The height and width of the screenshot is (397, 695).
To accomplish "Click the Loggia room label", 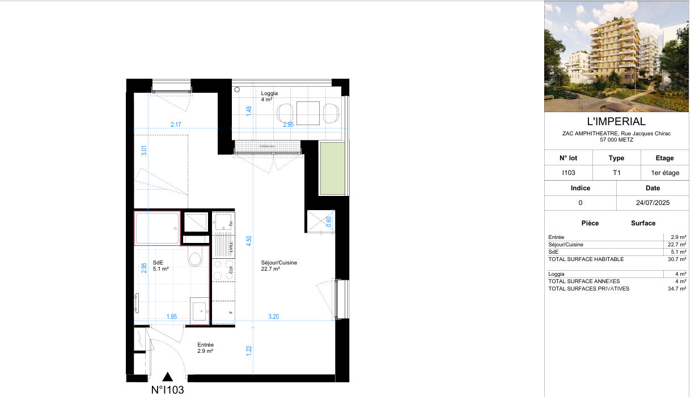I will click(269, 93).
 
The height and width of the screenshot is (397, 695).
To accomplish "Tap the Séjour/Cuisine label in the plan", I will click(279, 263).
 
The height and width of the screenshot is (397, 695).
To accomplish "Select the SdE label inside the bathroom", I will click(158, 262).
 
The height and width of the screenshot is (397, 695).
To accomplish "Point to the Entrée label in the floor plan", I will click(205, 345).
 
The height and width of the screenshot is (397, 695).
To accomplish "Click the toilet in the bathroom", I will click(194, 259).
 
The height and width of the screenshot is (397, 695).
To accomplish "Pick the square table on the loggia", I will click(308, 113).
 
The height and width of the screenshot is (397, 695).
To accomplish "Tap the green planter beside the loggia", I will click(332, 168).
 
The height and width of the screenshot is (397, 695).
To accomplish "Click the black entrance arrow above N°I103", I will click(168, 377).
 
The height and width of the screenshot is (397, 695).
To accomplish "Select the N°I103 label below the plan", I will click(167, 390).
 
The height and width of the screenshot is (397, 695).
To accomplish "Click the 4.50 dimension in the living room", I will click(248, 240).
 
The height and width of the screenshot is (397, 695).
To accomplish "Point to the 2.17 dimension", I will click(176, 125).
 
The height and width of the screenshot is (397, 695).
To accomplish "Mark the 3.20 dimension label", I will click(273, 317).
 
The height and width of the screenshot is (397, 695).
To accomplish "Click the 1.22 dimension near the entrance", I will click(249, 352).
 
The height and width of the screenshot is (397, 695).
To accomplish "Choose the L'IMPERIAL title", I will click(616, 121).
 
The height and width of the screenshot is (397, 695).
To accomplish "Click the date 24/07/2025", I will click(652, 202).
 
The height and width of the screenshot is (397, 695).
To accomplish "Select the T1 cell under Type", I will click(616, 173).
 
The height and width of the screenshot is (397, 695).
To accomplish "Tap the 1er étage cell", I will click(664, 173).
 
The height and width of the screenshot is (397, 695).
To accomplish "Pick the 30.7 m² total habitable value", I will click(677, 259).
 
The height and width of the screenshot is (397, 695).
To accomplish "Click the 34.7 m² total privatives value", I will click(677, 289).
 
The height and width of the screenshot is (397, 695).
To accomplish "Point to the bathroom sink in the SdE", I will click(199, 310).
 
